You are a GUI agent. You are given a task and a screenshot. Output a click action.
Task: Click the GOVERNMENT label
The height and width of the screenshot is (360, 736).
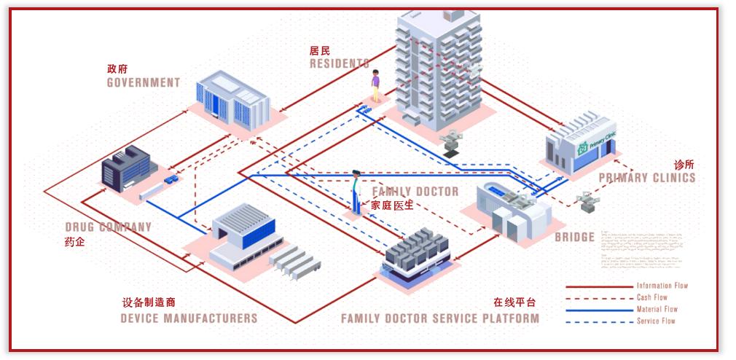(x=143, y=82)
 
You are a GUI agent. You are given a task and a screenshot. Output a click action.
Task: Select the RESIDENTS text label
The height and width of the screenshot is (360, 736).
(x=339, y=64)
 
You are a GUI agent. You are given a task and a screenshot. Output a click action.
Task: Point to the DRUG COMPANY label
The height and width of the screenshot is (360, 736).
(x=108, y=227)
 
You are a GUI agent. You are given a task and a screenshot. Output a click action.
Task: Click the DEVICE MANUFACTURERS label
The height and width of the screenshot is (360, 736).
(x=189, y=318)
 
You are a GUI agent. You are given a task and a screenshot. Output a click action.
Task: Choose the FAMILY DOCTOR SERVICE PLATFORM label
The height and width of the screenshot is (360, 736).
(x=440, y=318)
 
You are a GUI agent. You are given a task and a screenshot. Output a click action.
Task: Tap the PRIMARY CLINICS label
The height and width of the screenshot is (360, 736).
(x=646, y=178)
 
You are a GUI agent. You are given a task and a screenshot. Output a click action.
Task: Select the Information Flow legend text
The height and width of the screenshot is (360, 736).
(x=662, y=286)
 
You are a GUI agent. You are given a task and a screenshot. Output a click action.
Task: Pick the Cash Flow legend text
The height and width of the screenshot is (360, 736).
(x=651, y=297)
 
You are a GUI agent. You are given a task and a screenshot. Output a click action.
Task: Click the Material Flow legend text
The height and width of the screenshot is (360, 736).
(x=657, y=309)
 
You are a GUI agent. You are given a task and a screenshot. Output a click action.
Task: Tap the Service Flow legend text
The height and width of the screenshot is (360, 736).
(x=656, y=321)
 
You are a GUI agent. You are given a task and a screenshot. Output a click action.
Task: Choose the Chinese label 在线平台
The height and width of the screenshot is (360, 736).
(x=514, y=302)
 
